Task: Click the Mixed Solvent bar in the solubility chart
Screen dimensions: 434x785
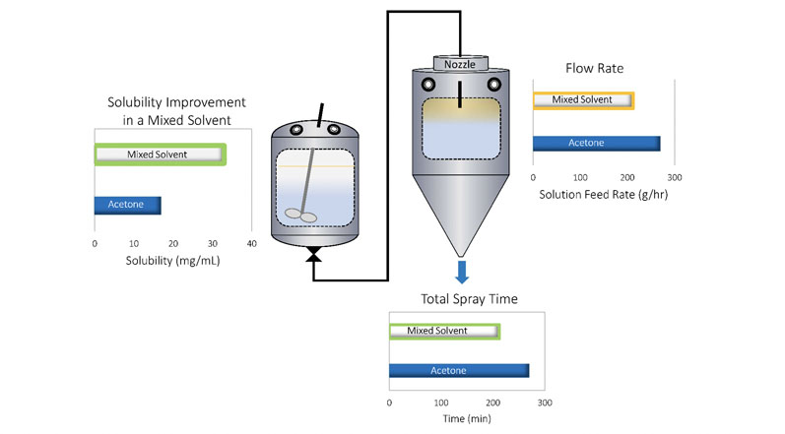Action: click(x=161, y=154)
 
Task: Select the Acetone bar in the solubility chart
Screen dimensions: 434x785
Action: click(x=128, y=206)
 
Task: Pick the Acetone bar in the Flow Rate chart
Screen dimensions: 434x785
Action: click(x=596, y=143)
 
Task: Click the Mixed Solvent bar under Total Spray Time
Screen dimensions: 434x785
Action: click(x=445, y=331)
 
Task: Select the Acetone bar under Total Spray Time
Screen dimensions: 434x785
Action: click(x=459, y=370)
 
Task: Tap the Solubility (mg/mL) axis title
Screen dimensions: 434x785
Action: click(x=173, y=261)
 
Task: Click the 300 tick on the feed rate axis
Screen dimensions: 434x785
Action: click(x=675, y=177)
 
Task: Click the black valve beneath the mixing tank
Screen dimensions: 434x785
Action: click(x=314, y=256)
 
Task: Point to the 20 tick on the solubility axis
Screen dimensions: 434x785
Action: click(x=173, y=243)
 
